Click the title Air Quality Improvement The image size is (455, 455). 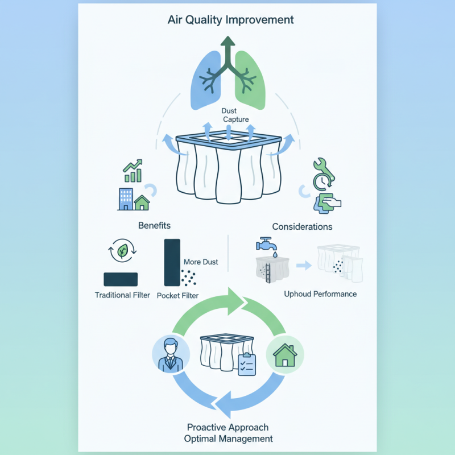[230, 20]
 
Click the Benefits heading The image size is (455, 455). [154, 226]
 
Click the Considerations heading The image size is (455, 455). [302, 226]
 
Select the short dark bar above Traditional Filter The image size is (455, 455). [121, 279]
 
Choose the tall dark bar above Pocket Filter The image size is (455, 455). [172, 262]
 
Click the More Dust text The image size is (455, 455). [201, 262]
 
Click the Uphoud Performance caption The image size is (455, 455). [320, 294]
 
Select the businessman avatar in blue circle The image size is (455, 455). [169, 353]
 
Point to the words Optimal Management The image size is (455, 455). [228, 439]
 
